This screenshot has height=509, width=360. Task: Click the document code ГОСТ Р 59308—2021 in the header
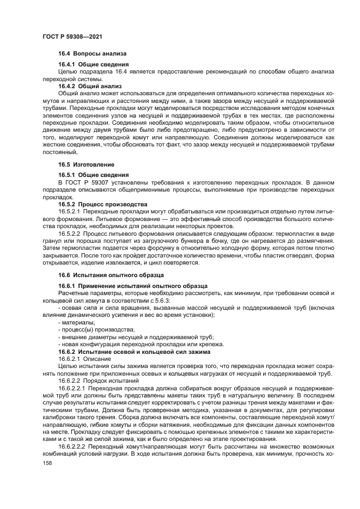pyautogui.click(x=72, y=35)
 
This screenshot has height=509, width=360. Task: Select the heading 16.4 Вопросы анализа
pyautogui.click(x=92, y=54)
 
